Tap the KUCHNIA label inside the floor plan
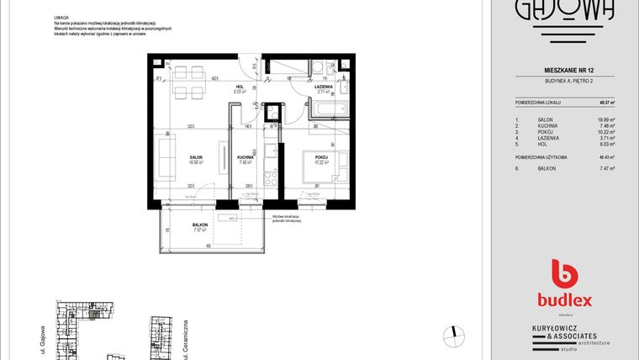(246, 157)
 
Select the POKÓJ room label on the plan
(321, 157)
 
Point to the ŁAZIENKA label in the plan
(324, 87)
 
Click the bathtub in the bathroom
(331, 110)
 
